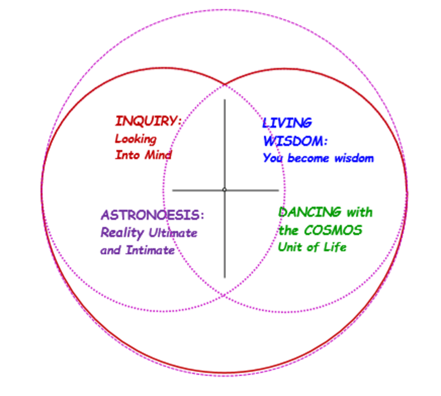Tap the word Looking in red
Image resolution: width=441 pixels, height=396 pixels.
(136, 139)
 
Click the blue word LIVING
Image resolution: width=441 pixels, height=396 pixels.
(287, 123)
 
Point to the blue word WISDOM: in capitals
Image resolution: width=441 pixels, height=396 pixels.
(295, 141)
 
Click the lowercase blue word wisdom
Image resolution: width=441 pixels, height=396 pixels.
(354, 158)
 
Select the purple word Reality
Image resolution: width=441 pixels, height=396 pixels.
(122, 233)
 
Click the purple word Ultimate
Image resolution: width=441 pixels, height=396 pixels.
(172, 233)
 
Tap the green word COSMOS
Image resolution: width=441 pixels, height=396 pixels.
(333, 230)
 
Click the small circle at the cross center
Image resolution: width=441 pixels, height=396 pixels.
(225, 190)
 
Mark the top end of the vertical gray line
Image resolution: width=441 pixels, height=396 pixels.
(225, 100)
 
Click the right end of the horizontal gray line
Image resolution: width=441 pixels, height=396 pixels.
(278, 190)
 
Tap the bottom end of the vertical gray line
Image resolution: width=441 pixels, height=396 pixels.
(225, 277)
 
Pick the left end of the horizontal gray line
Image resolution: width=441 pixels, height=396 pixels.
(173, 190)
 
